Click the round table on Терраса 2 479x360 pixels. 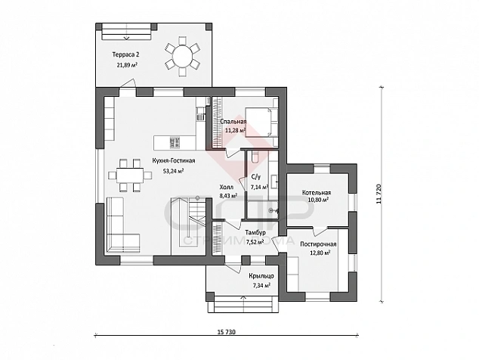[183, 56]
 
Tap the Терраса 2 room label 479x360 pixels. [126, 54]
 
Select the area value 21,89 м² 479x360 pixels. [126, 65]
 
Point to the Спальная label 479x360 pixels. [233, 122]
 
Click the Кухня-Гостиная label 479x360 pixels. [174, 161]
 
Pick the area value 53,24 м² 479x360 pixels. [173, 171]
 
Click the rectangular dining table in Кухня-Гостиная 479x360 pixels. [130, 175]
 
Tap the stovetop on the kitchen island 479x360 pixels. [175, 142]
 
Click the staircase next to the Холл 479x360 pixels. [188, 225]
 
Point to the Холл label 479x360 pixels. [227, 187]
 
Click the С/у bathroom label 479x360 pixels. [255, 177]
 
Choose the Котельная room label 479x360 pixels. [317, 193]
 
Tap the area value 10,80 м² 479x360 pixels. [318, 200]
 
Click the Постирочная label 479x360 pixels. [318, 244]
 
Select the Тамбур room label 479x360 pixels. [255, 232]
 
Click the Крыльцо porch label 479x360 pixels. [261, 276]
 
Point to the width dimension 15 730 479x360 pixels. [226, 332]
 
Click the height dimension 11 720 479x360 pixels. [379, 194]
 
